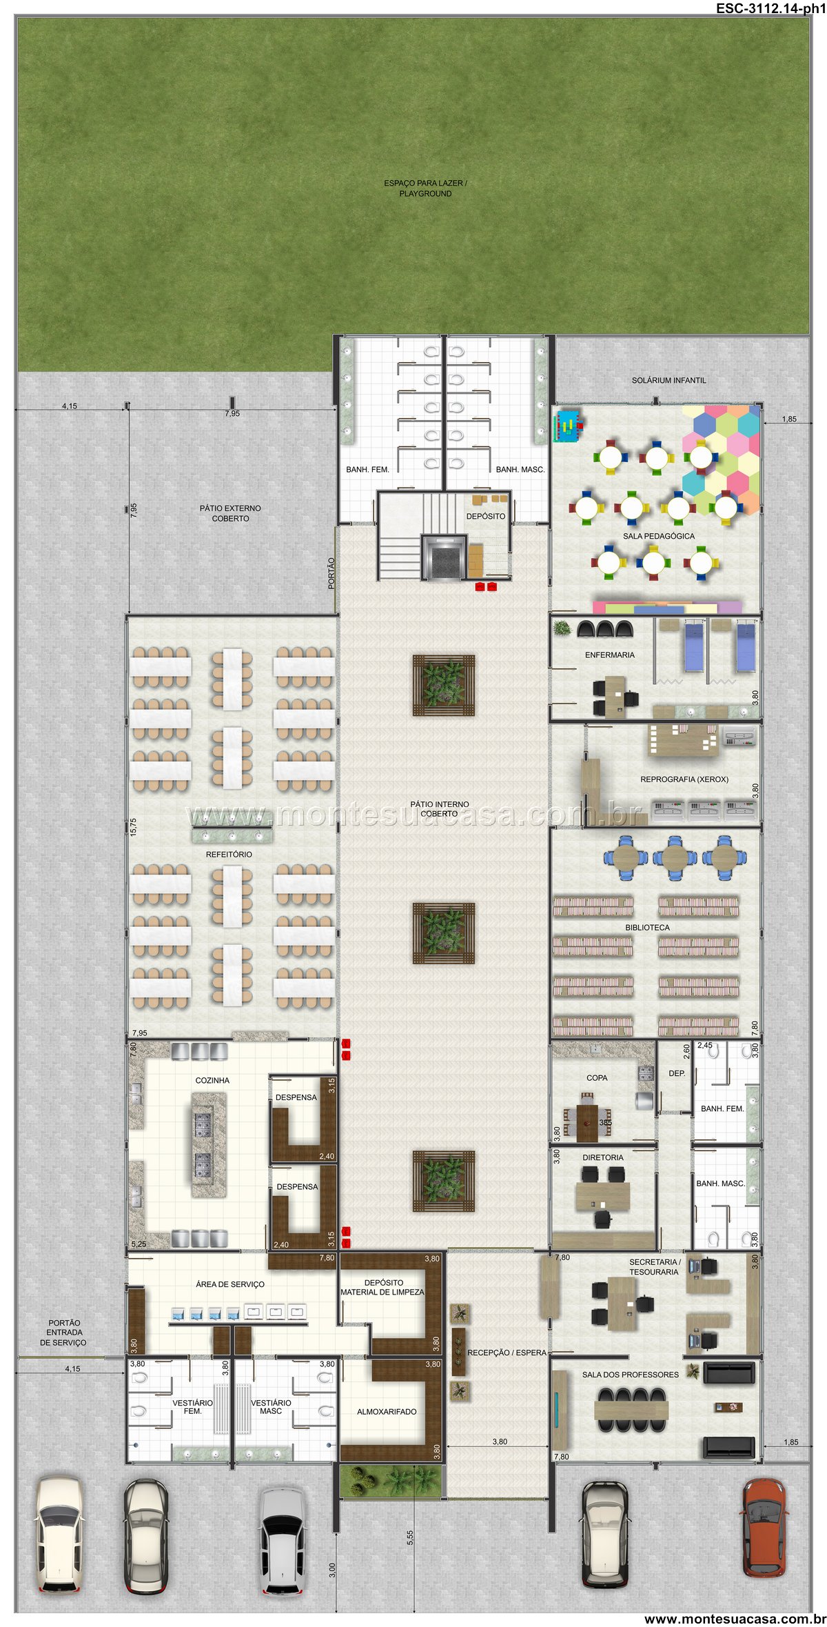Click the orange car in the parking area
[764, 1528]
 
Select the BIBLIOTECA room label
[647, 928]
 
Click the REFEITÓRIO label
[229, 855]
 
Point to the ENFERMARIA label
[610, 655]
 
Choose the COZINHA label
[212, 1081]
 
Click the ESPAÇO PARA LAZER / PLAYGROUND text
[425, 188]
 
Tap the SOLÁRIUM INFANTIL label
[668, 380]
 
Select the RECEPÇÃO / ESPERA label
[507, 1352]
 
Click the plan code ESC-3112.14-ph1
[770, 8]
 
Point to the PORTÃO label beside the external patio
[331, 573]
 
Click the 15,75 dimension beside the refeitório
[133, 826]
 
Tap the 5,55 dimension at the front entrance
[410, 1537]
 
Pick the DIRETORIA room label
[603, 1157]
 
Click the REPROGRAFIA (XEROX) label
[684, 779]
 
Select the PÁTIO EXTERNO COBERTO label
[230, 513]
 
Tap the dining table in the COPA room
[588, 1123]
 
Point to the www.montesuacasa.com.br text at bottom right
[735, 1619]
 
